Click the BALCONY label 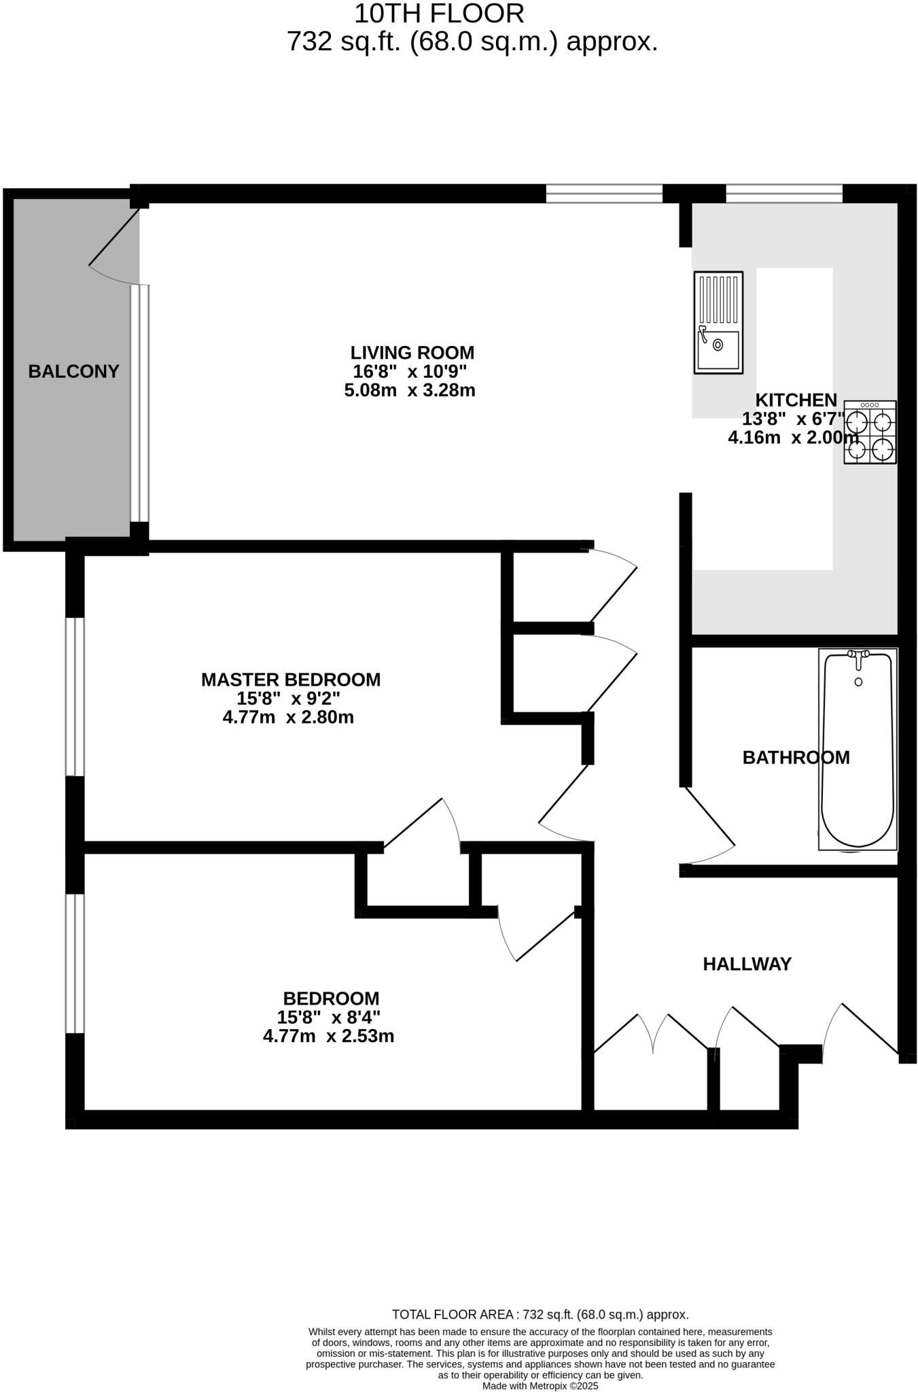click(x=73, y=371)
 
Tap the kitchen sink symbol click(x=718, y=322)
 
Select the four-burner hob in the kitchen click(x=870, y=432)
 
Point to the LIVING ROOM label click(x=412, y=353)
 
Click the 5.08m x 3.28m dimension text click(x=409, y=391)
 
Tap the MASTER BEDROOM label click(x=291, y=680)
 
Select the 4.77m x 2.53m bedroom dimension click(x=328, y=1037)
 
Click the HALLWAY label click(x=747, y=964)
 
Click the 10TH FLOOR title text click(x=439, y=14)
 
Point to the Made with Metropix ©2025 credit click(x=540, y=1386)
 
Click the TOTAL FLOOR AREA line click(x=540, y=1315)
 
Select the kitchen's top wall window click(x=783, y=194)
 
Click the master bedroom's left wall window click(x=75, y=696)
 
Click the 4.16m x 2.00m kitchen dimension click(x=792, y=438)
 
